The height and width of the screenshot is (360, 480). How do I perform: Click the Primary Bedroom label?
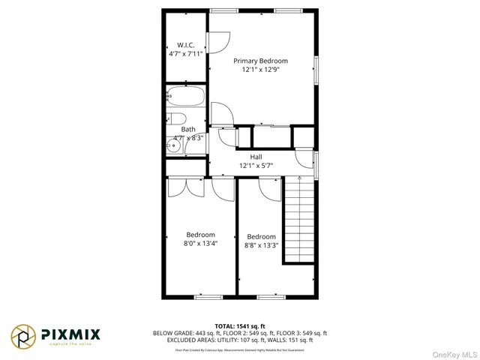point(260,61)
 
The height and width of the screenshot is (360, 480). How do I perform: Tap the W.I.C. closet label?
point(185,44)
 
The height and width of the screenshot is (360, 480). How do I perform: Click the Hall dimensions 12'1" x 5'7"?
point(256,165)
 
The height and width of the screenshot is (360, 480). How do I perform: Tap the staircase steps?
point(298,221)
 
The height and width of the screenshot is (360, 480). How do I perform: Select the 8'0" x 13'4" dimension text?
point(200,243)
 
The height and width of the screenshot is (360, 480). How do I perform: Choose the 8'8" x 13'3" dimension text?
point(261,244)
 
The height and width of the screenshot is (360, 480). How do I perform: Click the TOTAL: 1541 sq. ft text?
point(240,325)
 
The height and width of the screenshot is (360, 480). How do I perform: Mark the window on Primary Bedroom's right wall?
point(316,69)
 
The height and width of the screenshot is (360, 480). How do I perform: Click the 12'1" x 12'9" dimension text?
point(260,70)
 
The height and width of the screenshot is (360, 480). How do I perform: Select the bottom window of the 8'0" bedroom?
point(208,297)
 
